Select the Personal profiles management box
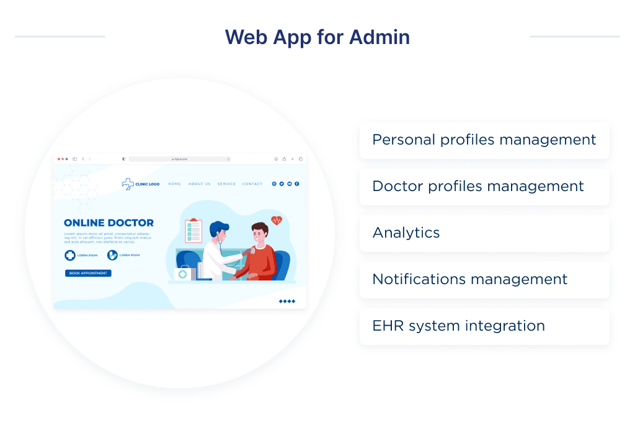[484, 140]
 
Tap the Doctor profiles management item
[484, 187]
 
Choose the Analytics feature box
[484, 233]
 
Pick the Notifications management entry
[484, 280]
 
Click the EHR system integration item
[484, 326]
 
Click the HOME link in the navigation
[174, 184]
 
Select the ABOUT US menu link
[199, 184]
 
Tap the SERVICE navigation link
[226, 184]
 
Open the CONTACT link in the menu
[252, 184]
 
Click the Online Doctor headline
[109, 223]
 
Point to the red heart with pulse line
[277, 220]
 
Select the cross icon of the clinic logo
[128, 184]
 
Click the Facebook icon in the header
[297, 184]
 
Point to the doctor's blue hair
[220, 228]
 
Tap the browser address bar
[180, 159]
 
